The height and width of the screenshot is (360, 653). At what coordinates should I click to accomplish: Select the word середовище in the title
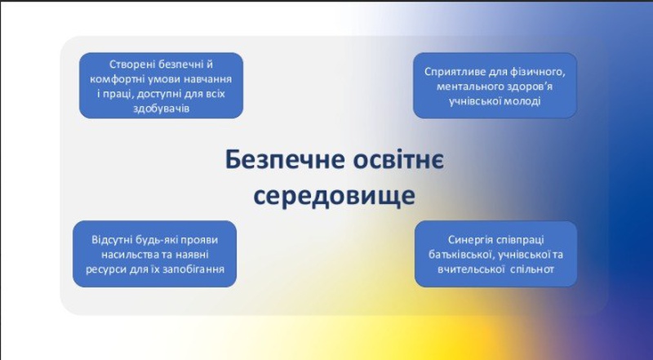[x=335, y=196]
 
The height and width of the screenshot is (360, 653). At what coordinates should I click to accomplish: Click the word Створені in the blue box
[x=128, y=64]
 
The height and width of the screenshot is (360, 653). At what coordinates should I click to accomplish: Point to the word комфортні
[x=111, y=79]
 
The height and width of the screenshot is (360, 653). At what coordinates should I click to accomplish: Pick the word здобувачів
[x=161, y=109]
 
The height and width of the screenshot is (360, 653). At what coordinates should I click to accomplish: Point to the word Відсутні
[x=110, y=240]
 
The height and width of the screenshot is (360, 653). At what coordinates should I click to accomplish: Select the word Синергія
[x=467, y=240]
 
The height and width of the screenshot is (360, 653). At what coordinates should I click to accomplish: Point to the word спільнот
[x=534, y=269]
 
